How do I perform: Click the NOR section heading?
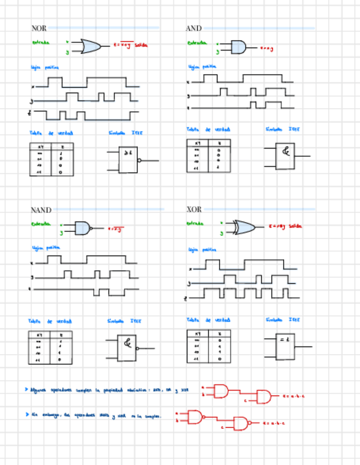click(x=39, y=28)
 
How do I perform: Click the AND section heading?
click(x=194, y=28)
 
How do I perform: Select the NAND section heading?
click(x=41, y=210)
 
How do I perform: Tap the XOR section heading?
click(x=194, y=209)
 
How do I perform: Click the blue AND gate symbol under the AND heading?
click(x=238, y=47)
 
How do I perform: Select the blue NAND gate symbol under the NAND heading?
click(x=82, y=228)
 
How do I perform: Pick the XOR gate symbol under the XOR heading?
click(x=243, y=227)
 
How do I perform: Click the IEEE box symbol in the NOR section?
click(x=128, y=160)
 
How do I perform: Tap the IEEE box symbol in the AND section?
click(x=284, y=156)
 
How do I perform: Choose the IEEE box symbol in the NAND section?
click(x=127, y=348)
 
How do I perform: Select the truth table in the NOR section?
click(x=51, y=160)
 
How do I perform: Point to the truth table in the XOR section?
click(x=209, y=347)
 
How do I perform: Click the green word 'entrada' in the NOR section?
click(x=41, y=42)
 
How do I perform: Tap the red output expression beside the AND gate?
click(x=266, y=49)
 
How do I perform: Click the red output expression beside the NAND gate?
click(x=115, y=229)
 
